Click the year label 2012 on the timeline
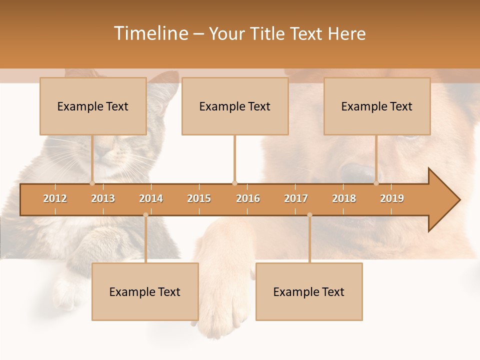(x=55, y=198)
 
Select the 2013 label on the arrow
(x=103, y=198)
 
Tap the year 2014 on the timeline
(x=151, y=198)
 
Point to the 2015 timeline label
(x=199, y=198)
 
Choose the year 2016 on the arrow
(x=248, y=198)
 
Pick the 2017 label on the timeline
(x=296, y=198)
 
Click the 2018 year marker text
(x=344, y=198)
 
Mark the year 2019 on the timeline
(x=392, y=198)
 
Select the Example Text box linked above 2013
(x=93, y=106)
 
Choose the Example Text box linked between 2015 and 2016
(x=235, y=106)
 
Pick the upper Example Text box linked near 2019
(x=377, y=106)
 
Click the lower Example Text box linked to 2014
(x=145, y=291)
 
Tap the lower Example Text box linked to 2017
(x=309, y=291)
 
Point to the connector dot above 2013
(x=92, y=183)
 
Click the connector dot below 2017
(x=309, y=215)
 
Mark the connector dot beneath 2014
(x=145, y=215)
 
